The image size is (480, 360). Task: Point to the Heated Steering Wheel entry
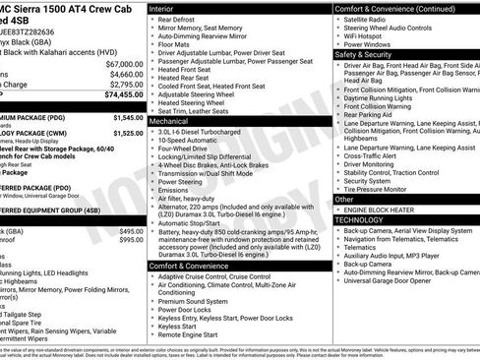[194, 101]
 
